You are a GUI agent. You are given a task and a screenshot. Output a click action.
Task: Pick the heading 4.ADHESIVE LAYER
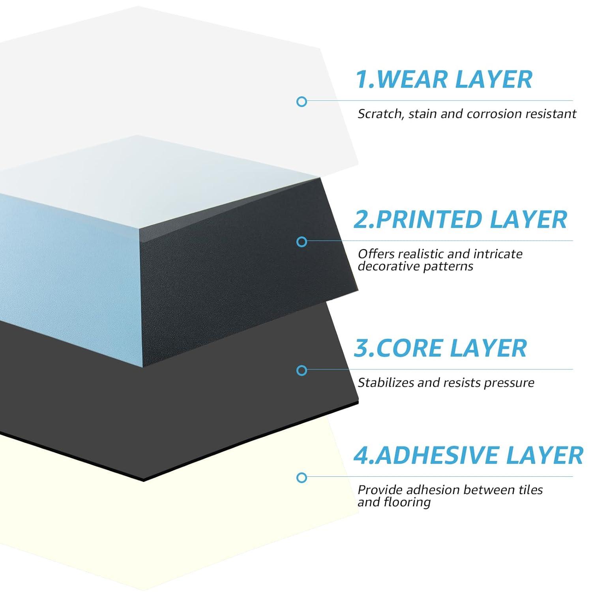[x=468, y=455]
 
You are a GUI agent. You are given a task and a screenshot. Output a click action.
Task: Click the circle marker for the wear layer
[x=302, y=101]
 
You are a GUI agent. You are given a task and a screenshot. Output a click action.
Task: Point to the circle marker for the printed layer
[x=302, y=242]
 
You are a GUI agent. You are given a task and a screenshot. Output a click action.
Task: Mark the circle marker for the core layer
[x=302, y=370]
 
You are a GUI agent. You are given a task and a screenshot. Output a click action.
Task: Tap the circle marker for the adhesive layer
[x=302, y=478]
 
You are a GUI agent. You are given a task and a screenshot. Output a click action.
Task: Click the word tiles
[x=530, y=490]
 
